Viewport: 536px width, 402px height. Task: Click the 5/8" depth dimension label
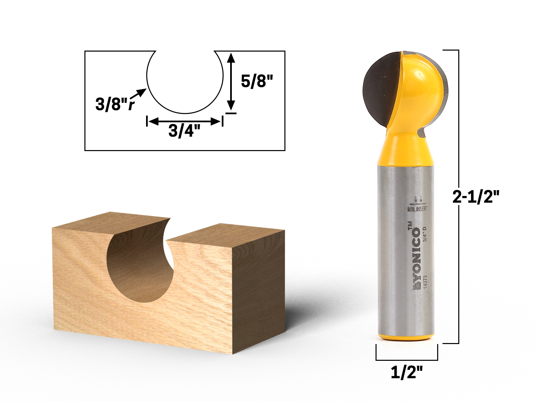click(x=257, y=81)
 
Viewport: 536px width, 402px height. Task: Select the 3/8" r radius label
click(x=115, y=104)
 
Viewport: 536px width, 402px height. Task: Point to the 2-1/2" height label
click(x=476, y=197)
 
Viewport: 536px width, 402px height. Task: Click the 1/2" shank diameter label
click(x=407, y=372)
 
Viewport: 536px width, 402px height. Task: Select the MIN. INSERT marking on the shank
click(x=417, y=209)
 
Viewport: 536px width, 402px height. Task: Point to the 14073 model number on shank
click(x=425, y=284)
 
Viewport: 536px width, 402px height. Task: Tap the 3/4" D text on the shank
click(x=425, y=234)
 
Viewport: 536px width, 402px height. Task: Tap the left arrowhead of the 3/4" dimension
click(x=151, y=122)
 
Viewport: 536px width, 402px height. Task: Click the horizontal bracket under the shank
click(x=407, y=360)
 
